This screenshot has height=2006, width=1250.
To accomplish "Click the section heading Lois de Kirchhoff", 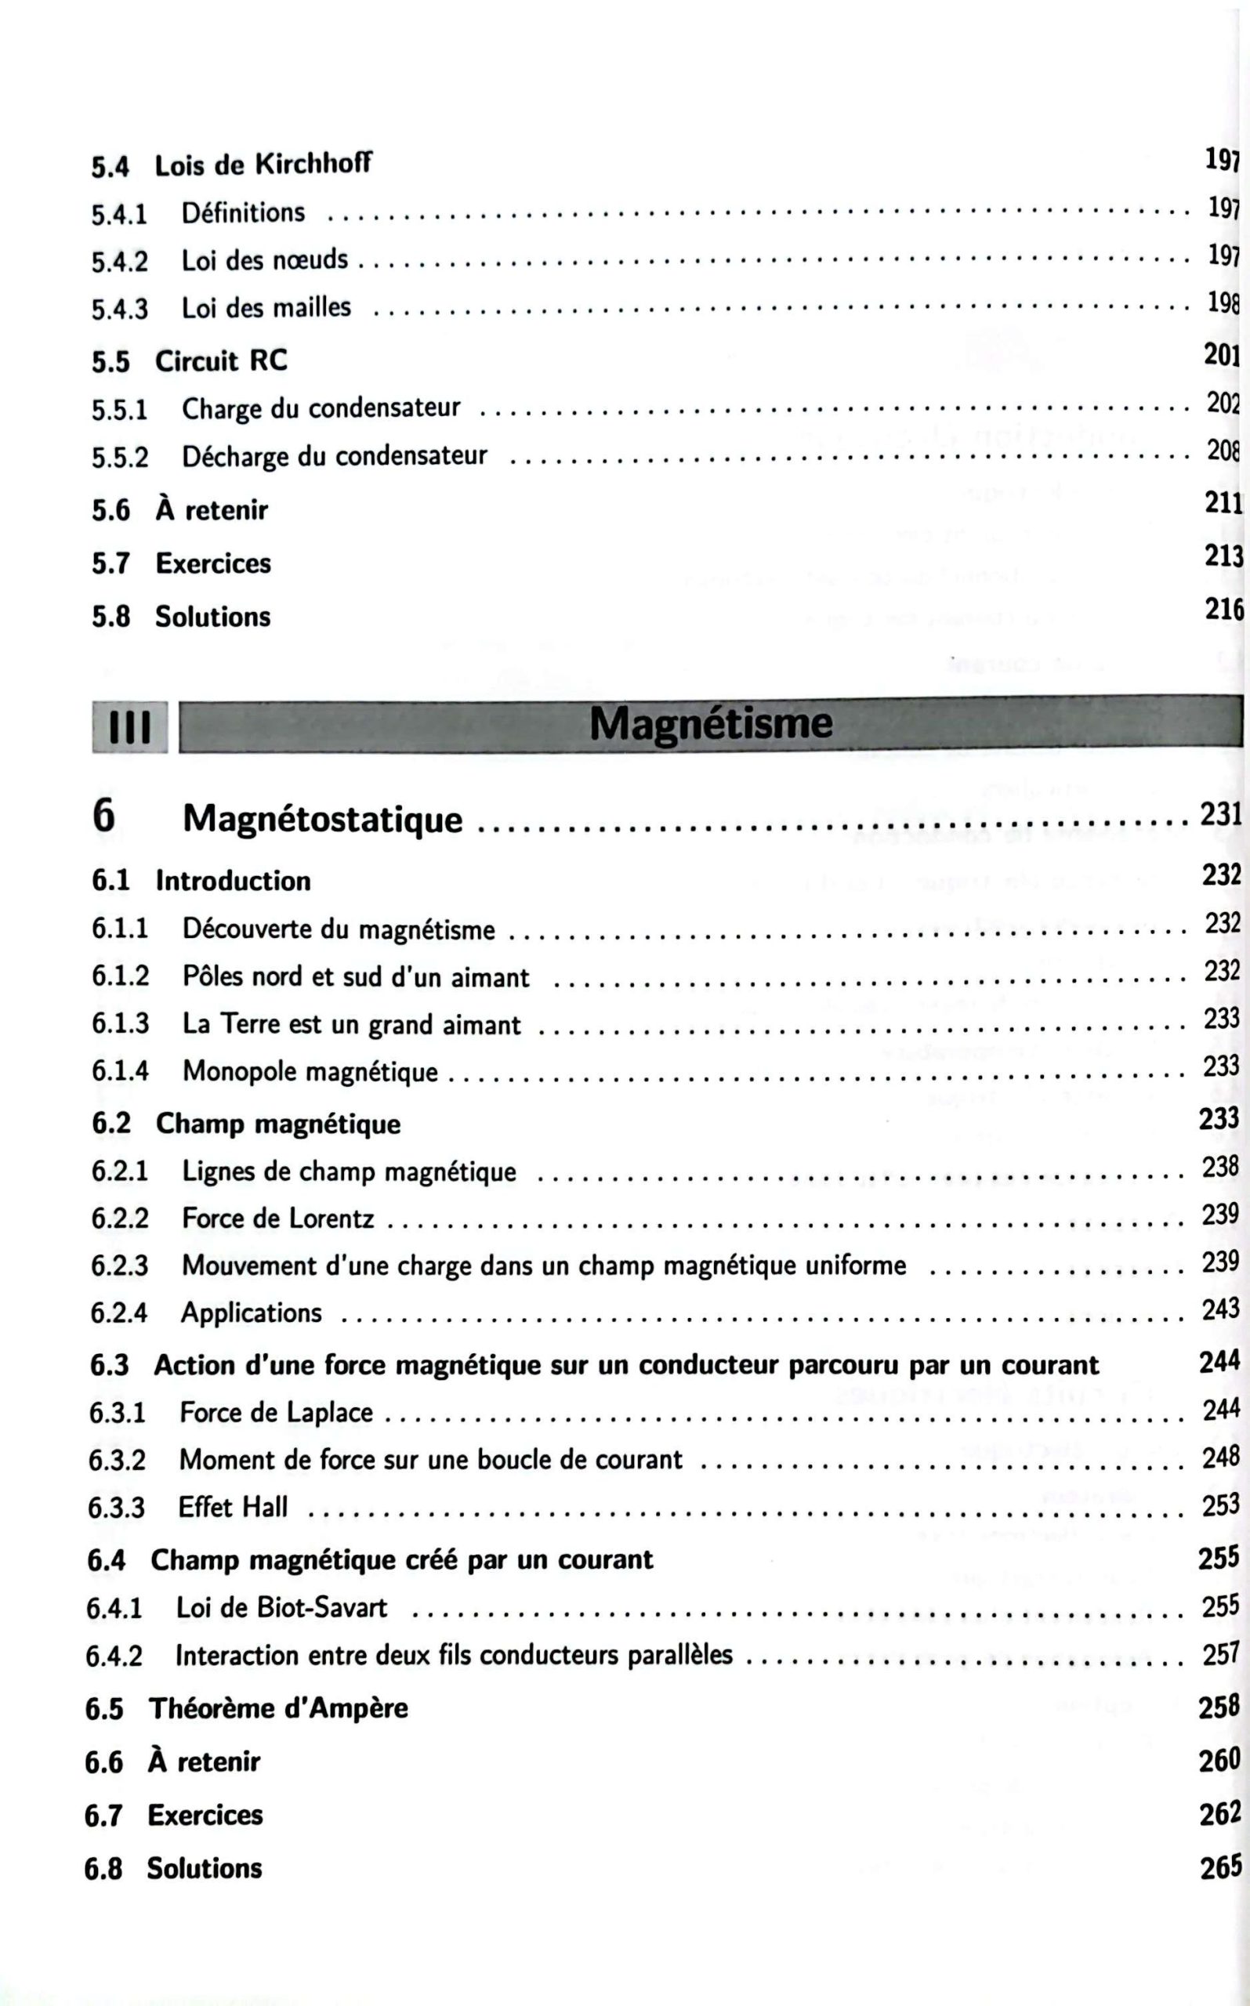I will [x=262, y=165].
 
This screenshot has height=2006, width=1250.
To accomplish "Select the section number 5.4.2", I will [x=119, y=261].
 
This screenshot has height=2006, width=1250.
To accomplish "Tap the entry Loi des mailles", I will [x=266, y=307].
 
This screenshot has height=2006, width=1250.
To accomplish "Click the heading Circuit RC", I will [x=221, y=360].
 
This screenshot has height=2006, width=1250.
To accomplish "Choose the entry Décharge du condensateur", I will [x=334, y=455].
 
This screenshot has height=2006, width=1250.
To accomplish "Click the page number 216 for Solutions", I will [x=1223, y=609].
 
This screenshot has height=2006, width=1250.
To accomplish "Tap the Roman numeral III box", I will [x=130, y=727].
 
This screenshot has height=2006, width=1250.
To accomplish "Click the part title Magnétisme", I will [x=710, y=724].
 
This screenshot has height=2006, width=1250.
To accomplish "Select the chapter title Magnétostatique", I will [x=322, y=818].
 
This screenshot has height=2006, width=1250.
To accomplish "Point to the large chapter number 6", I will [x=103, y=817].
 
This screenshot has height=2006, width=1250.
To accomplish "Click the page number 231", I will [x=1221, y=814].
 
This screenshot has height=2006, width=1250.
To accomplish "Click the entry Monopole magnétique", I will [x=310, y=1071].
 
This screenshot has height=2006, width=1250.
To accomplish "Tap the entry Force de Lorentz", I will [x=277, y=1218].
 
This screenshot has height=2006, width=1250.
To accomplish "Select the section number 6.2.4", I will [x=118, y=1313].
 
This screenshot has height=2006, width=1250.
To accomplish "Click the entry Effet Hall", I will [x=233, y=1507].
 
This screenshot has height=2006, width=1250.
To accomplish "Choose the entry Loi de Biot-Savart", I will [x=281, y=1608].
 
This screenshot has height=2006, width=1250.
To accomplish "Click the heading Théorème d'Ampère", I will [x=277, y=1707].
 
